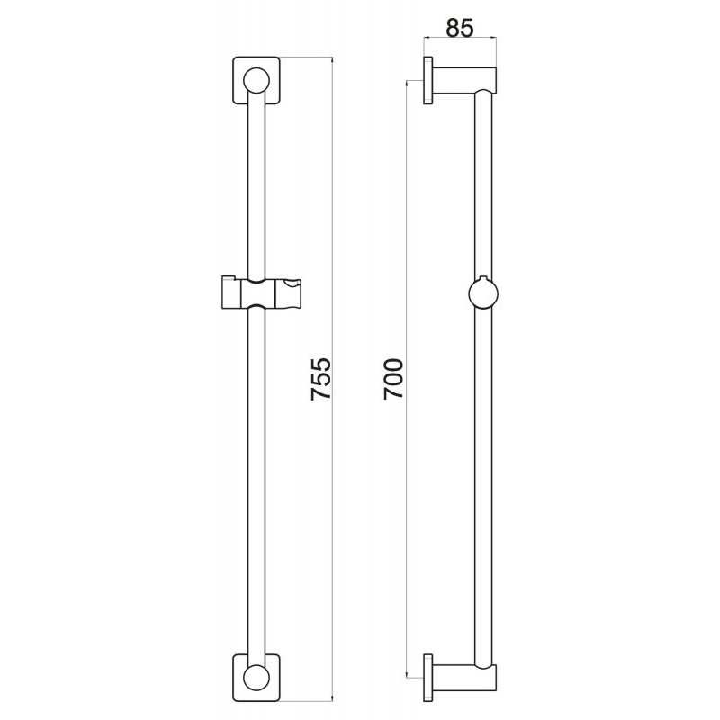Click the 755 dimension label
pyautogui.click(x=321, y=378)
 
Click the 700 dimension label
pyautogui.click(x=393, y=379)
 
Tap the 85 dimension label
pyautogui.click(x=460, y=29)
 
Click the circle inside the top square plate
pyautogui.click(x=256, y=81)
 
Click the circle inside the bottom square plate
pyautogui.click(x=256, y=678)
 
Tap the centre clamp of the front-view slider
pyautogui.click(x=256, y=293)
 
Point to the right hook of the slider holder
pyautogui.click(x=286, y=292)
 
